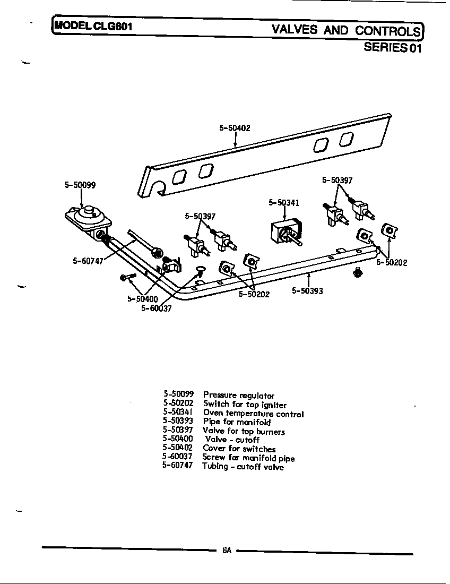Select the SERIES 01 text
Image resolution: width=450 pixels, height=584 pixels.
(392, 47)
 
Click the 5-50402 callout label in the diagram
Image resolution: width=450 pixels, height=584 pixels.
(235, 128)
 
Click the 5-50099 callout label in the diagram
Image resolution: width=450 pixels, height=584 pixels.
(80, 185)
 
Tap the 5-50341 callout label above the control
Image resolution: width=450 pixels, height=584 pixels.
(284, 202)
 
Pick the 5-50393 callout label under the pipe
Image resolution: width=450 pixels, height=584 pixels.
(307, 290)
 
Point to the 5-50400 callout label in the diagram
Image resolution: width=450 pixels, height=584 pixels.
(143, 299)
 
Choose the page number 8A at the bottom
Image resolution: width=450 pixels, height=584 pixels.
(227, 551)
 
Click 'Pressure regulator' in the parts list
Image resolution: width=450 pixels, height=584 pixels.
(239, 396)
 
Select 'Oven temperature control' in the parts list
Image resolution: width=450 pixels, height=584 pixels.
(253, 414)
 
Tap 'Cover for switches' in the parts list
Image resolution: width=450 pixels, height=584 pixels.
(239, 449)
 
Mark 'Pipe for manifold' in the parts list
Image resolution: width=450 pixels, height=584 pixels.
(237, 423)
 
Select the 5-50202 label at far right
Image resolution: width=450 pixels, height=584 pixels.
(392, 262)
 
